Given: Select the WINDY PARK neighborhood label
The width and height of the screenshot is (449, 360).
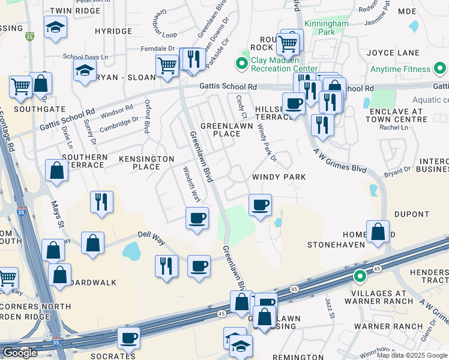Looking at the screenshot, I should coord(279,177).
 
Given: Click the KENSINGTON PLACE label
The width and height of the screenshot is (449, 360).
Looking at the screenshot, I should coord(146,163).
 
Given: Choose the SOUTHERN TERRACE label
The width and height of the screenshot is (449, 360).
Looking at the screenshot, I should coord(85,161).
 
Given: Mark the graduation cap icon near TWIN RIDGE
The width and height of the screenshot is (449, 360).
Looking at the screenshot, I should coord(55,27).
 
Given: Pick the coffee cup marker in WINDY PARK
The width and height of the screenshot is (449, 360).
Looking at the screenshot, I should coord(260,205).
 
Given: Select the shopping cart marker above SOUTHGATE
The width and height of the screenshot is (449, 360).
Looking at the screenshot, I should coord(20,87).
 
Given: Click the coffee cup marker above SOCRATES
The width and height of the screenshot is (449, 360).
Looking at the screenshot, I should coord(128,338).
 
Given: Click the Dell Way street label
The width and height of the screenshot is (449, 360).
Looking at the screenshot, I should coord(150,235).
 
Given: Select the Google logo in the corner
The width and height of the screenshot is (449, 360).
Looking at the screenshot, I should coord(20,353).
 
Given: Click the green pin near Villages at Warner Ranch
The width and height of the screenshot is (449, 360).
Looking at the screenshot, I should coord(360,277).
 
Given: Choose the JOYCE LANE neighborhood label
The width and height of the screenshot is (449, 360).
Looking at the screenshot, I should coord(399,53).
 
